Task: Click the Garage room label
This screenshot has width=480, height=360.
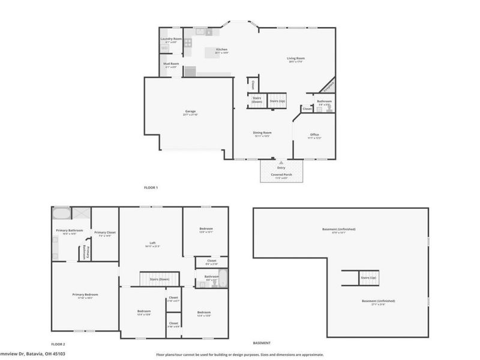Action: point(190,112)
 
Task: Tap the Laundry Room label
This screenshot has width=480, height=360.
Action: point(171,39)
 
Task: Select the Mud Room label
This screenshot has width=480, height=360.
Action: point(171,64)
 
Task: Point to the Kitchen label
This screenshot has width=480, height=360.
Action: point(221,49)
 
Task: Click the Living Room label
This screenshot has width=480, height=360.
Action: point(296,58)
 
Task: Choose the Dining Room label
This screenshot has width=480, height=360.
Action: point(263,133)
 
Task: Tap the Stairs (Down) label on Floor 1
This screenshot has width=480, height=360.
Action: point(256,100)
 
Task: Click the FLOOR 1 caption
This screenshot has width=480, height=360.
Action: point(151,188)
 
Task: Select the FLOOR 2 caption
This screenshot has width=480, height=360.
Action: point(58,344)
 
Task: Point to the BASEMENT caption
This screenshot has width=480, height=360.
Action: point(261,343)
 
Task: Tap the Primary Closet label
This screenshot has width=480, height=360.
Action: point(104,232)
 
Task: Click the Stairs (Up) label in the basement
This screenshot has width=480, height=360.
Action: point(368,278)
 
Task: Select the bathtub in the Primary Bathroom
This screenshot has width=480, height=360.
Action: point(61,214)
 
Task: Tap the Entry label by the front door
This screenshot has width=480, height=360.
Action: point(281,168)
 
